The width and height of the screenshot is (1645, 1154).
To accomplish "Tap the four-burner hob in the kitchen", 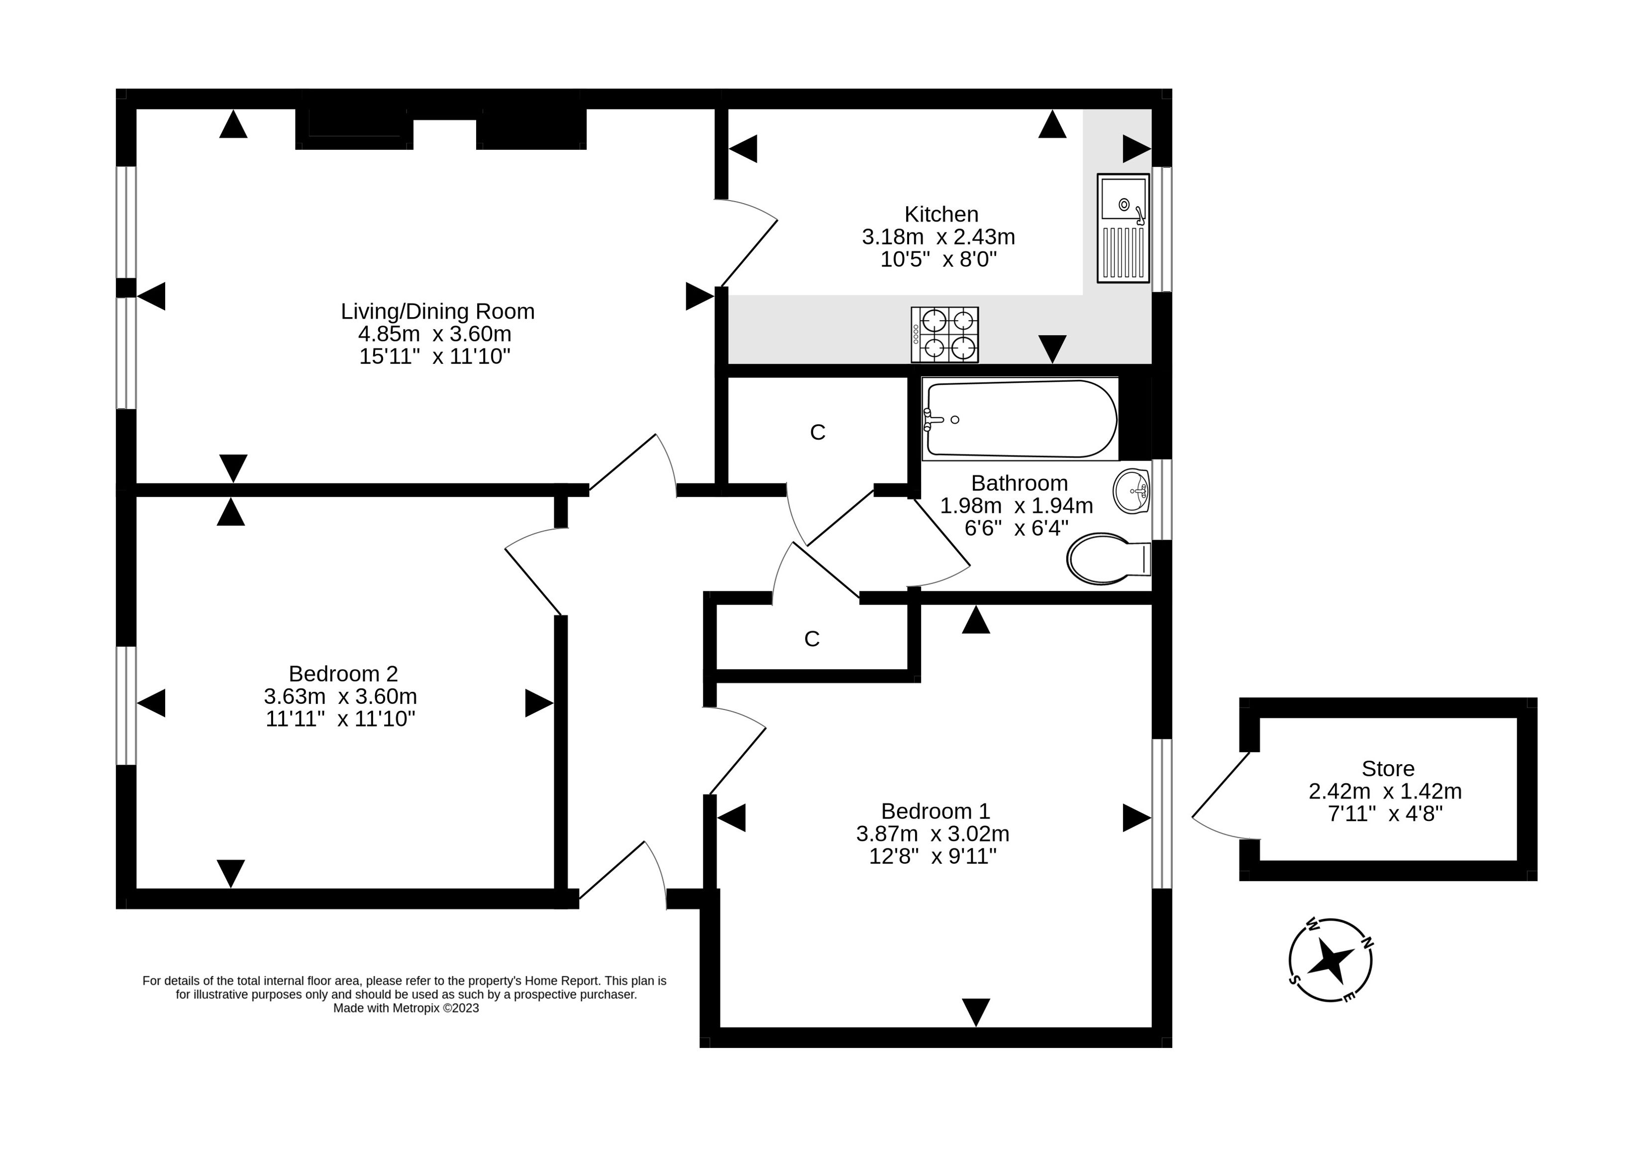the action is [944, 335].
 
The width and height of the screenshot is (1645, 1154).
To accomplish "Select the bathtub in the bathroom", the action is [1020, 419].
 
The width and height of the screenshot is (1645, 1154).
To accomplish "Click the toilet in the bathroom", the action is [1109, 559].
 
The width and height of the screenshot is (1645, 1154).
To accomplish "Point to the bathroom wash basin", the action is [1132, 492].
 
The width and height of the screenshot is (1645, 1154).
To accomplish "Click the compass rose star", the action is [1331, 960].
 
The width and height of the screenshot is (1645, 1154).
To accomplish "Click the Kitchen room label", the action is [941, 214].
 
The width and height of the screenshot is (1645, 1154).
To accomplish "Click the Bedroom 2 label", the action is [343, 674].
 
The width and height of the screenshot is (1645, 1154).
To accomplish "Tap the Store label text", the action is [1388, 768].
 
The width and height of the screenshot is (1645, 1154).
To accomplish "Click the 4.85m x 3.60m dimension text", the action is [435, 334].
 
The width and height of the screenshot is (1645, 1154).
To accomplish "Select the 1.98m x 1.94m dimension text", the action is [1016, 505].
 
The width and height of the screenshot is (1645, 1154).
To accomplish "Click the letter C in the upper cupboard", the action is [818, 432].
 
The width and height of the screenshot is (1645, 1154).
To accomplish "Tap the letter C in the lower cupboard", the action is [812, 639].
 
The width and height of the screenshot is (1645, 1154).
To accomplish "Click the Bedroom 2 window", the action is [126, 706].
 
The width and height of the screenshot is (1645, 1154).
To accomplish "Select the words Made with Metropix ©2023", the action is [406, 1008].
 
